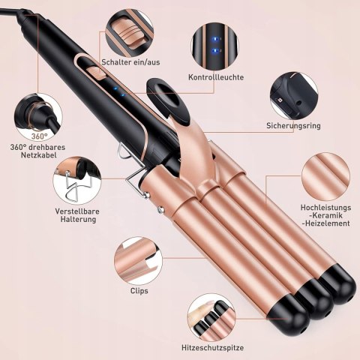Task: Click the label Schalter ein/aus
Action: [130, 62]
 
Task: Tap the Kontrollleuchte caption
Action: [216, 77]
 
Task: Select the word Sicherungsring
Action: [293, 125]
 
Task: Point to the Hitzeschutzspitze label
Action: [212, 348]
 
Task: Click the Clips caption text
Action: [139, 291]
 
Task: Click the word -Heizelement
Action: [325, 223]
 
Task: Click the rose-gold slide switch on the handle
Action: [96, 73]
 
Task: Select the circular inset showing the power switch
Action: [129, 33]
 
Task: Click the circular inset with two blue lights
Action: [214, 46]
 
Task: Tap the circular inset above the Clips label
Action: [138, 261]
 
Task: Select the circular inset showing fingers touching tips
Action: [211, 317]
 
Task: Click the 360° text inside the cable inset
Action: [40, 136]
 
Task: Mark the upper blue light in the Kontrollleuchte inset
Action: [214, 39]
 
